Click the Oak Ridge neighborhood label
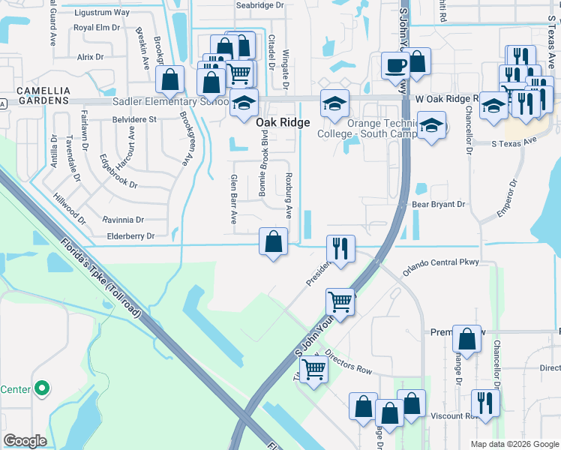(283, 121)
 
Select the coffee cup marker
(394, 64)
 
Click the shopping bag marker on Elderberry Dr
(274, 241)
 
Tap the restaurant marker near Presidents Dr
(340, 248)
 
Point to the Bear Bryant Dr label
(438, 204)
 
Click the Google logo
(25, 440)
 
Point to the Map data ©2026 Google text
(514, 443)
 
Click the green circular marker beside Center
(42, 388)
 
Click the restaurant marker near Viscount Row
(485, 402)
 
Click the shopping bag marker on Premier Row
(467, 338)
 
